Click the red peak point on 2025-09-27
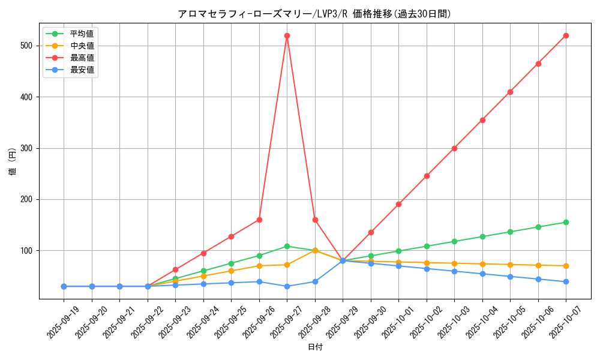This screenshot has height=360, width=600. coord(287,35)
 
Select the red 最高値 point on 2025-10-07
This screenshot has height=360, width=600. coord(566,35)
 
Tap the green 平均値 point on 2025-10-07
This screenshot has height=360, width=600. coord(566,222)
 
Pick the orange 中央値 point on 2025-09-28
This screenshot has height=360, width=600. coord(315,250)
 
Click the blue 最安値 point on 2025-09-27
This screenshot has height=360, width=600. coord(287,286)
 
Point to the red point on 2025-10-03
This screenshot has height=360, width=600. coord(454,148)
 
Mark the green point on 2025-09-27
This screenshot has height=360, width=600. coord(287,246)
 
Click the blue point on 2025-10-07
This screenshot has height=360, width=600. coord(566,281)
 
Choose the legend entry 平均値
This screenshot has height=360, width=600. coord(82,34)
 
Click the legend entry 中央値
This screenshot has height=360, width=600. coord(82,46)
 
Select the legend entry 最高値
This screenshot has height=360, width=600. coord(82,58)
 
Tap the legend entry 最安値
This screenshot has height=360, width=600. coord(82,70)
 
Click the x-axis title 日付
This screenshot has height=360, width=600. coord(315,347)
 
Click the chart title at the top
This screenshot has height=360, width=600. coord(315,13)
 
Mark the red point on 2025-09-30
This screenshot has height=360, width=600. coord(371,232)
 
